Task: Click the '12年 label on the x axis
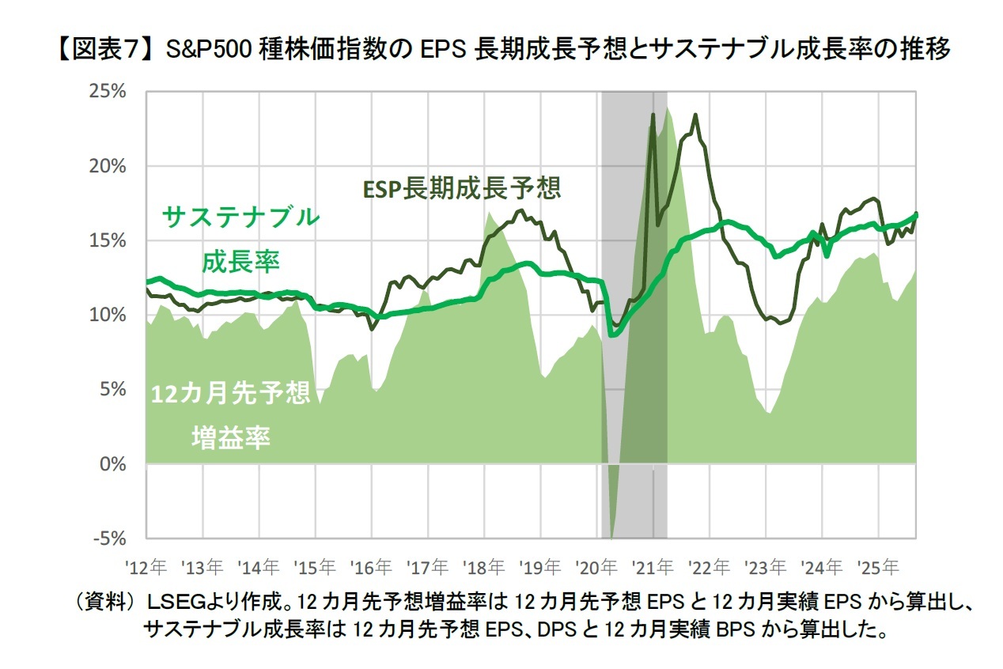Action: click(146, 567)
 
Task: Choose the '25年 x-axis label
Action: click(879, 567)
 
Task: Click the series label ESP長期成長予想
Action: click(462, 188)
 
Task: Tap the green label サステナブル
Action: click(240, 216)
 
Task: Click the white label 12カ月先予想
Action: click(230, 395)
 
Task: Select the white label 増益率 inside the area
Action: click(230, 437)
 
